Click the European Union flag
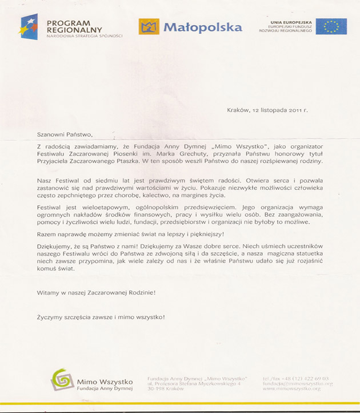tap(331, 26)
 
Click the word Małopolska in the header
tap(203, 27)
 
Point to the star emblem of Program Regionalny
tap(30, 26)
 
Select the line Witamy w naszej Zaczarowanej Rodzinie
tap(96, 292)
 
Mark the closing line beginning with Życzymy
tap(101, 317)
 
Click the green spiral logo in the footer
tap(61, 379)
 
